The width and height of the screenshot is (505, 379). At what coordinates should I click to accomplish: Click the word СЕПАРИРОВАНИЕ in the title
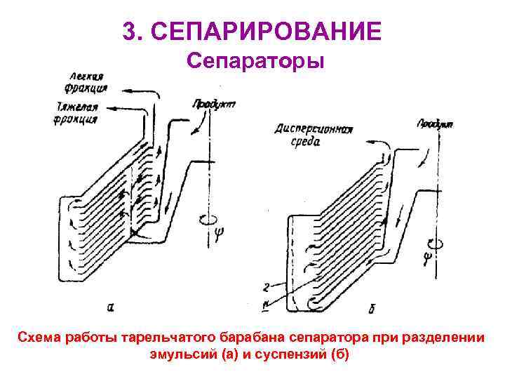coord(267,31)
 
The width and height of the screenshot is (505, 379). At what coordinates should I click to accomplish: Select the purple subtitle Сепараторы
coord(255,62)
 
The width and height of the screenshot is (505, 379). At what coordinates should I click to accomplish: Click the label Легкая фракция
coord(88,82)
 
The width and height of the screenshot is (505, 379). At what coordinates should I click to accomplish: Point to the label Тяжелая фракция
coord(79,113)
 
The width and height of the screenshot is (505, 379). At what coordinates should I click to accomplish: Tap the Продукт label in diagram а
coord(213,104)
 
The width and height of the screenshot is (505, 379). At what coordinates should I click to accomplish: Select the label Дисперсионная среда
coord(313,135)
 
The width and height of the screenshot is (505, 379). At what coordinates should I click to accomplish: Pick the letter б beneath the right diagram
coord(370,308)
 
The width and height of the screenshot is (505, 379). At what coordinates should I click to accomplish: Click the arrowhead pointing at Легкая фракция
coord(113,89)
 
